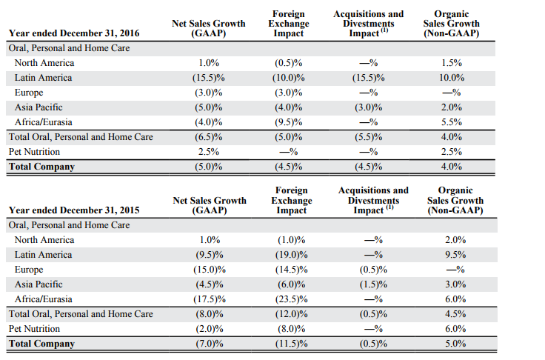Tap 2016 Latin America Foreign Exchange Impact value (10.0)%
288,78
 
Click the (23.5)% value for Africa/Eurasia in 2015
288,299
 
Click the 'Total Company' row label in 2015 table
41,344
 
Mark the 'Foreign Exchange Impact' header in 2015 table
291,201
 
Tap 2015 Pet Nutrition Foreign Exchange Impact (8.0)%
288,329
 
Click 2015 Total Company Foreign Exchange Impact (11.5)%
288,344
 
